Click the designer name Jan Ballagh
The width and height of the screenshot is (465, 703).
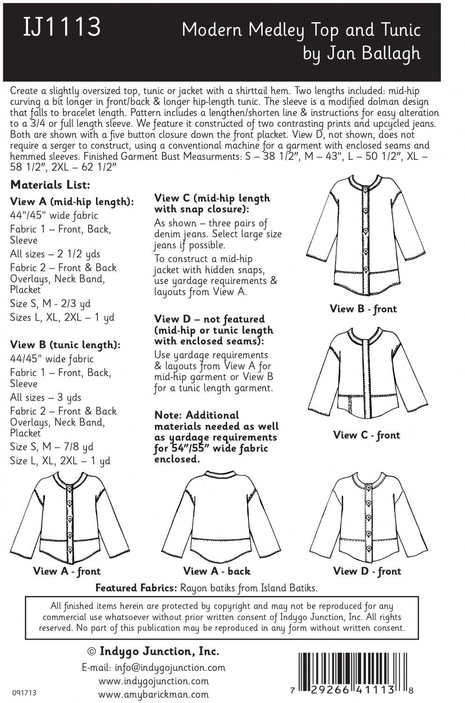[x=362, y=53]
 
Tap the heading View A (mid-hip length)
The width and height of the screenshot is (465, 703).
[x=72, y=202]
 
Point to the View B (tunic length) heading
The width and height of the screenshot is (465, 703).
[x=65, y=345]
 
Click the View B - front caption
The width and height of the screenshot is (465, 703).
[x=363, y=309]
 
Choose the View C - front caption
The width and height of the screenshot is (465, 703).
[x=366, y=435]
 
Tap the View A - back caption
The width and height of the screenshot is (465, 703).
[x=217, y=571]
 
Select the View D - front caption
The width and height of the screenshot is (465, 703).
[x=367, y=571]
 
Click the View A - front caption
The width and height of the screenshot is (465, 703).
[x=67, y=571]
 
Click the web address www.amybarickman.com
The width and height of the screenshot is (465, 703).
[x=153, y=694]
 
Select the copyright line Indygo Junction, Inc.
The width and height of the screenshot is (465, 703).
[x=153, y=651]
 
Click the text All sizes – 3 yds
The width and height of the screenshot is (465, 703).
[x=45, y=397]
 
